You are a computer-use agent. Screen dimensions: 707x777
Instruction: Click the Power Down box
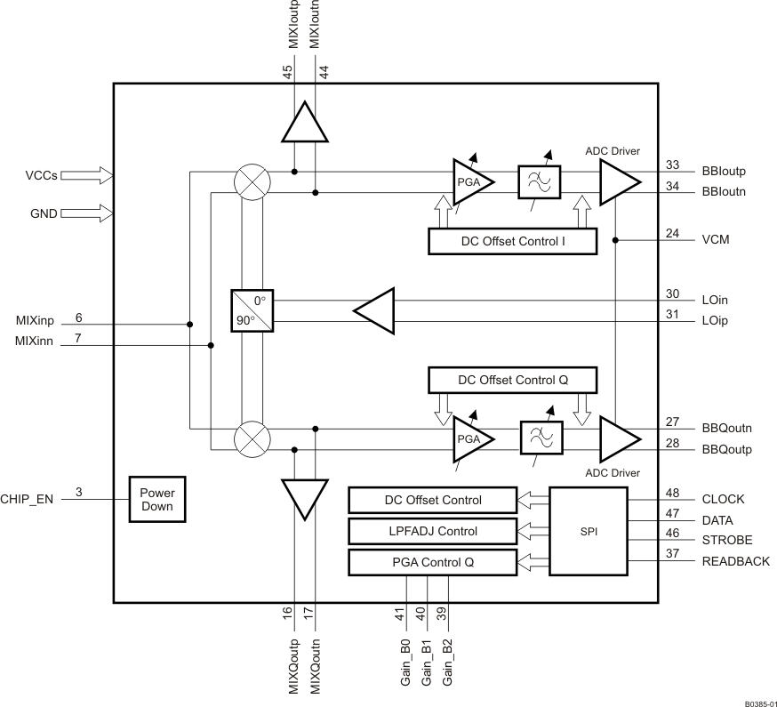[156, 500]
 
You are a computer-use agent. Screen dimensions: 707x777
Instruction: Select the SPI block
[589, 531]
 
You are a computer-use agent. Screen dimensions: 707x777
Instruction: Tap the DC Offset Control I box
[512, 241]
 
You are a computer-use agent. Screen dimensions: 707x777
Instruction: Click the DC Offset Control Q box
[512, 380]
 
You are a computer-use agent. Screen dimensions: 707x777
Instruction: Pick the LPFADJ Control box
[432, 531]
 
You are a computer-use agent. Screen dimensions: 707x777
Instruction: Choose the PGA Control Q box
[432, 562]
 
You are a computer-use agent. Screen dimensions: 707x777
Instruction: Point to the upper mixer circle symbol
[252, 181]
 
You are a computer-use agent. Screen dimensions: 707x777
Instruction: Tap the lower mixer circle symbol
[252, 438]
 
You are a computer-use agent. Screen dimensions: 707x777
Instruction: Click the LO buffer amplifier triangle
[374, 310]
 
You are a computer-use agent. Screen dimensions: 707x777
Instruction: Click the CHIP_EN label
[29, 500]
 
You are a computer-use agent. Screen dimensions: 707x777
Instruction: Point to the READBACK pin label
[734, 561]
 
